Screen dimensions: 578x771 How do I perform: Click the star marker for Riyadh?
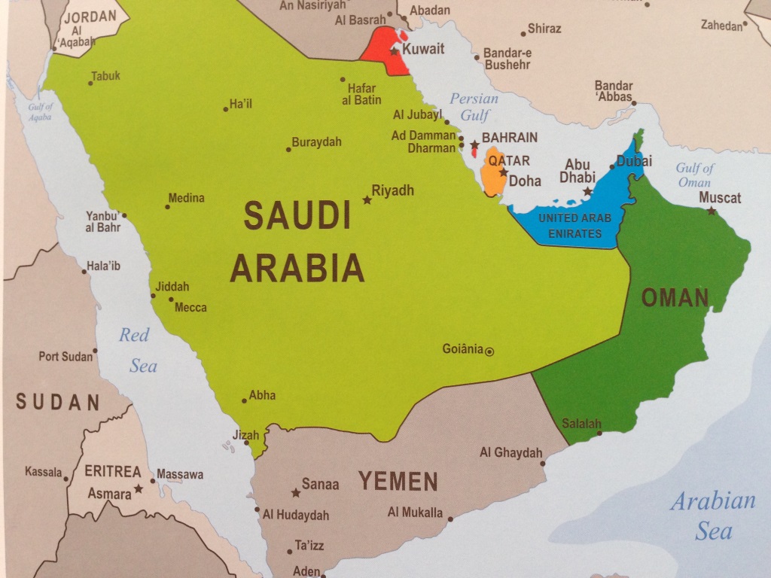click(x=367, y=200)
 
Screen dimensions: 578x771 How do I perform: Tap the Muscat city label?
click(x=720, y=198)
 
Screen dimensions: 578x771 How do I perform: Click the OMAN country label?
click(x=675, y=298)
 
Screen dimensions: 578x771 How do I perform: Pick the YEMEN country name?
click(x=398, y=481)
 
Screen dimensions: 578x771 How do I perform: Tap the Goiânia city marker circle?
click(x=490, y=351)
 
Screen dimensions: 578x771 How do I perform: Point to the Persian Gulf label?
click(x=474, y=107)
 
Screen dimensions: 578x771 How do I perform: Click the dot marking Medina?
click(x=167, y=207)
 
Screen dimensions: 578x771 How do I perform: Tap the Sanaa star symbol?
click(x=296, y=494)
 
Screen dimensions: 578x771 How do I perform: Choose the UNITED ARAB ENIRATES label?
click(x=574, y=226)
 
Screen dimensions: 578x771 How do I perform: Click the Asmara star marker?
click(x=139, y=489)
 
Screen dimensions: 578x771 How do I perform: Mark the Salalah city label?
click(x=581, y=424)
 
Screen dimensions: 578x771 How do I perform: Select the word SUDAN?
click(x=58, y=402)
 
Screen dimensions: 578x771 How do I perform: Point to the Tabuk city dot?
click(x=90, y=83)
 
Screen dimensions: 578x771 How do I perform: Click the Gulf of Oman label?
click(x=694, y=175)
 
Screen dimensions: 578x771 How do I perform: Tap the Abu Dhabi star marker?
click(x=587, y=192)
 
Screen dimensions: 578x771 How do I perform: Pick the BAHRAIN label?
click(x=510, y=138)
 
